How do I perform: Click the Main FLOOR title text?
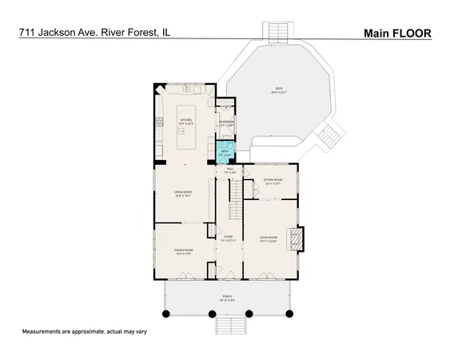[397, 34]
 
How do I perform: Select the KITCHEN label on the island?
[185, 122]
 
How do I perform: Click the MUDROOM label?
[226, 123]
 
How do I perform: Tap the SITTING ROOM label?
[273, 181]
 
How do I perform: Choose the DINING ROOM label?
[185, 251]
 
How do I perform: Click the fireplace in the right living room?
[297, 239]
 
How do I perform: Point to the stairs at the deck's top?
[276, 30]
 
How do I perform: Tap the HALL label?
[229, 170]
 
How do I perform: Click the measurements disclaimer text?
[85, 331]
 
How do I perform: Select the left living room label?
[185, 193]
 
